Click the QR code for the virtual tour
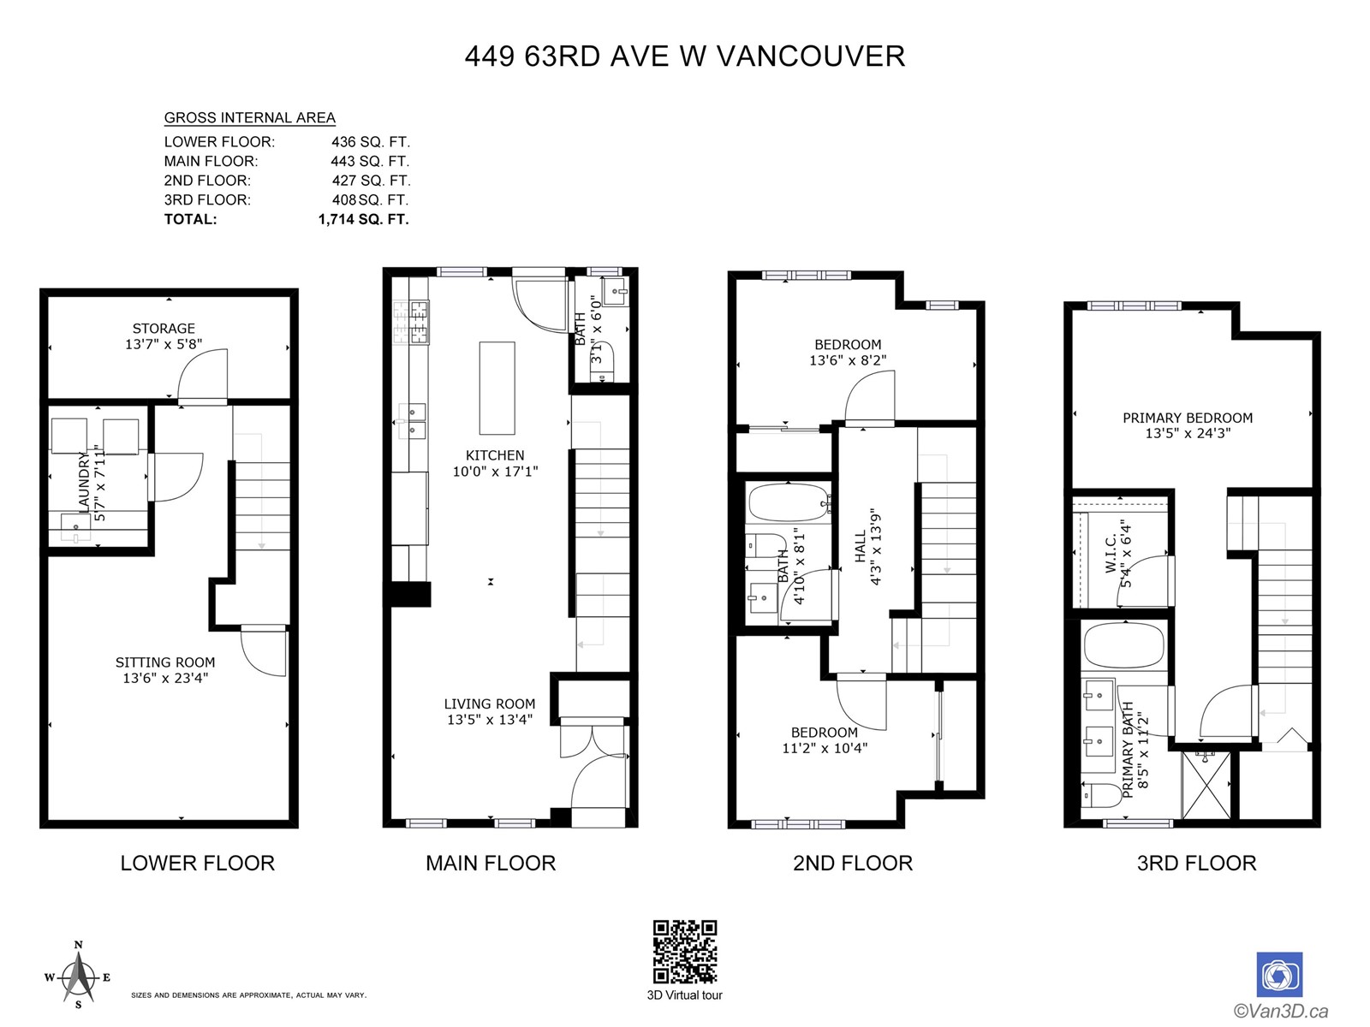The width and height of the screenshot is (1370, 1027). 685,953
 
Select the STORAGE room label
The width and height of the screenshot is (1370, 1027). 164,329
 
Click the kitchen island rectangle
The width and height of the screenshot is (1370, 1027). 497,388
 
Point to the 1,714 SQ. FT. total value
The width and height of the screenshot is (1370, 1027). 363,219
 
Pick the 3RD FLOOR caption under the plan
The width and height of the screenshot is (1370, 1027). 1196,863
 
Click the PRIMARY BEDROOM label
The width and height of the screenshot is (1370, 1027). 1187,418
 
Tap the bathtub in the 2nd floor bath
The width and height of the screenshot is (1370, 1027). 789,502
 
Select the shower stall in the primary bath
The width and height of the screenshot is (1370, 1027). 1206,786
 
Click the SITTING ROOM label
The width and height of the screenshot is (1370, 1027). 164,662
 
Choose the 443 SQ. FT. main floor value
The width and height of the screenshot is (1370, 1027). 370,162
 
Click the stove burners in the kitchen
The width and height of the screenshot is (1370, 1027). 411,323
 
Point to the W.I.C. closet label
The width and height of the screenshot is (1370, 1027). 1111,553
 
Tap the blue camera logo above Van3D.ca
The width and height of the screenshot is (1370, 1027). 1279,975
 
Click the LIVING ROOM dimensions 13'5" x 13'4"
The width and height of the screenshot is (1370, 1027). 489,720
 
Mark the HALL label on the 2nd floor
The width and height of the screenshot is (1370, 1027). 861,546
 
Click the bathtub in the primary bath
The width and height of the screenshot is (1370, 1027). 1124,646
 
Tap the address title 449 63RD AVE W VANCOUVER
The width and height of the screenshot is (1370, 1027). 685,56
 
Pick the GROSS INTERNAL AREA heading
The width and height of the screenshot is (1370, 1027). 250,118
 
